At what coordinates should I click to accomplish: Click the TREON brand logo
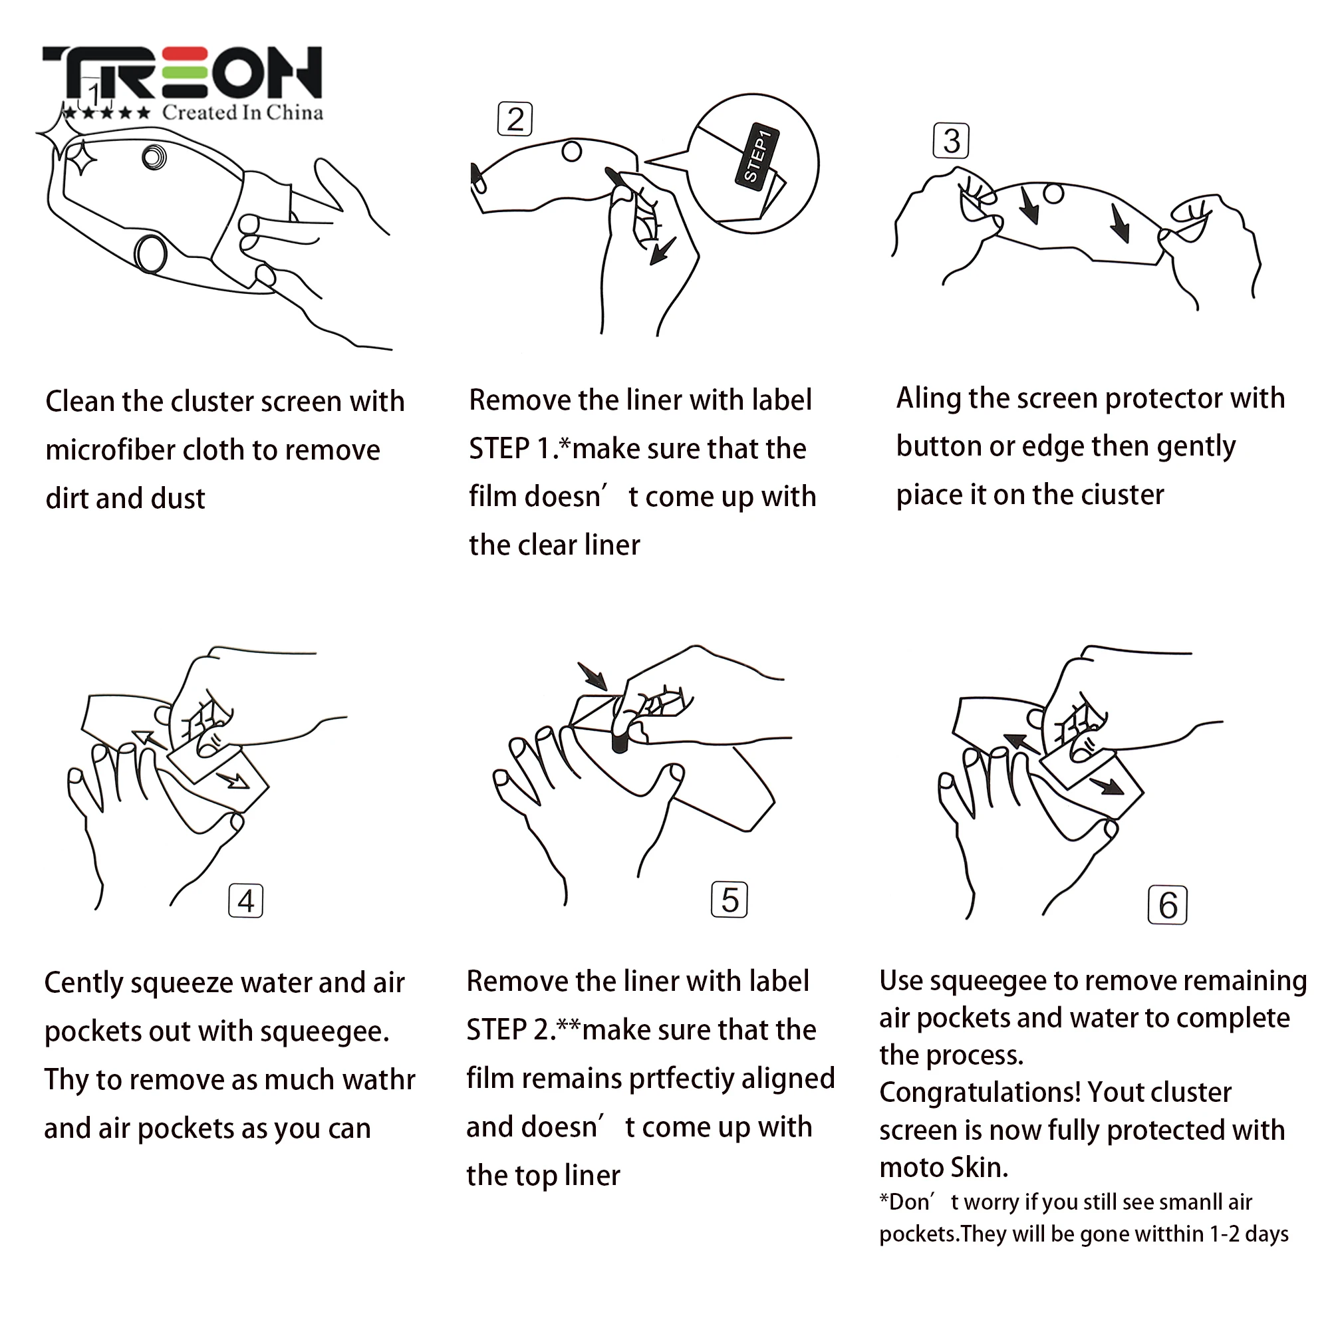click(182, 73)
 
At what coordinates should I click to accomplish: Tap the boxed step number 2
click(515, 120)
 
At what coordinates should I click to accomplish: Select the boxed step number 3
click(952, 141)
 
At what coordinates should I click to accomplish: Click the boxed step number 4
click(246, 901)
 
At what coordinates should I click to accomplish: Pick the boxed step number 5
click(730, 900)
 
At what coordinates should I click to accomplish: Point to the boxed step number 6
click(1169, 905)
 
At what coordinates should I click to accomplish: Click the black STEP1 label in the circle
click(757, 156)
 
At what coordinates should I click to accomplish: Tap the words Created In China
click(242, 113)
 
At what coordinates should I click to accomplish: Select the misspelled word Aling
click(928, 399)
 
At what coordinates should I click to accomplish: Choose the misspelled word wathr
click(379, 1079)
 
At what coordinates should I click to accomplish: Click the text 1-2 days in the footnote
click(1250, 1234)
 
